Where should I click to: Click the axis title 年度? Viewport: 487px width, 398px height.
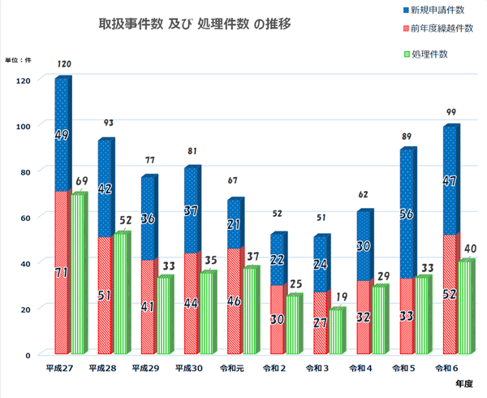(x=463, y=383)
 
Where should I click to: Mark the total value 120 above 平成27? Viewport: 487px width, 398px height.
(x=64, y=63)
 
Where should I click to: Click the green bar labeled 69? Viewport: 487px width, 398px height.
(x=78, y=274)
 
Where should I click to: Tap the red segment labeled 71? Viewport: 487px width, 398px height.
(x=62, y=273)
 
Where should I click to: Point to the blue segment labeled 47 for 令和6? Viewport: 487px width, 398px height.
(x=450, y=181)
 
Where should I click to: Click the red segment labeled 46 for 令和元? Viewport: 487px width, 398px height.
(x=234, y=301)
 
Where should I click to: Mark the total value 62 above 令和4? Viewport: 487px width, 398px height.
(x=364, y=195)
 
